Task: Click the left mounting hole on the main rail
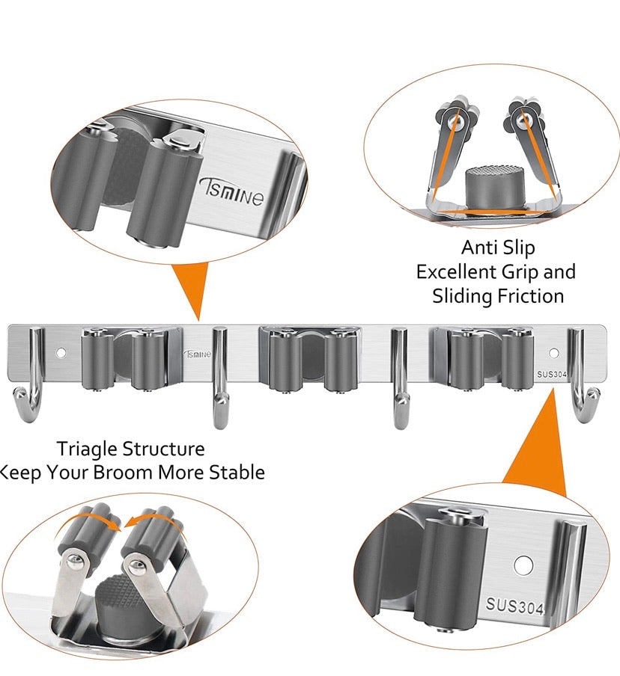click(x=61, y=353)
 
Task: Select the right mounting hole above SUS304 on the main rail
click(x=553, y=354)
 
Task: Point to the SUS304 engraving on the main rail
click(x=551, y=374)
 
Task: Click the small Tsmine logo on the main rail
click(x=198, y=354)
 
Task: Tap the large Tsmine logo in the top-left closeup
click(x=231, y=193)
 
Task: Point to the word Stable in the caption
click(x=237, y=472)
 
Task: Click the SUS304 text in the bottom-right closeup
click(x=514, y=605)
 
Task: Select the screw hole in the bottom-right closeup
click(x=523, y=565)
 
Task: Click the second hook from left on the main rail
click(x=221, y=378)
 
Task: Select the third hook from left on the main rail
click(x=400, y=378)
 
